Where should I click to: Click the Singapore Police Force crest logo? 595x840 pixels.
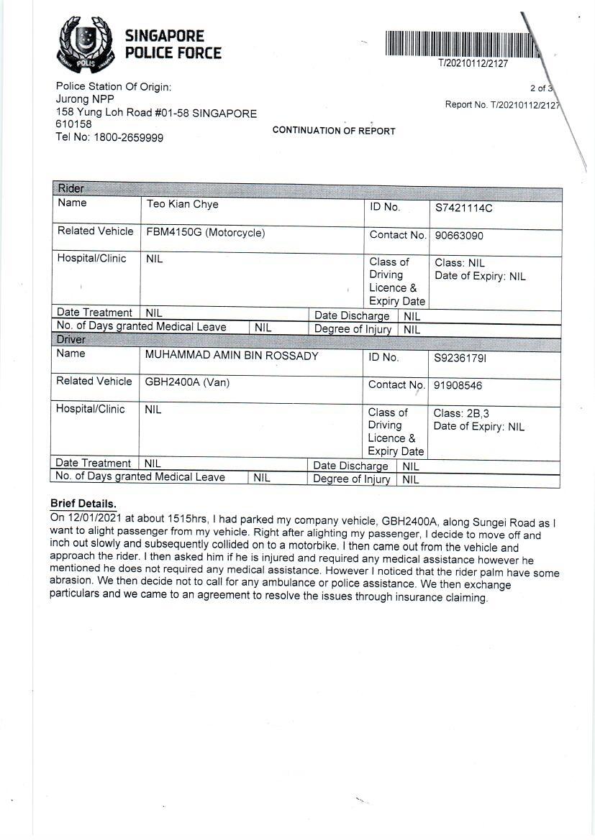pos(86,44)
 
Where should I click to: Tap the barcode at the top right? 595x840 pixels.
pos(461,45)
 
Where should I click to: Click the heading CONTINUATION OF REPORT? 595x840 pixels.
pos(334,131)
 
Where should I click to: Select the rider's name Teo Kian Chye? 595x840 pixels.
pos(182,205)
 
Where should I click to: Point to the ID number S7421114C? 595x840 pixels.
pos(463,208)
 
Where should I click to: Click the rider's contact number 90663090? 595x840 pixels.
pos(459,236)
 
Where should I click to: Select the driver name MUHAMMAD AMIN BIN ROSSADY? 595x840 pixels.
pos(231,356)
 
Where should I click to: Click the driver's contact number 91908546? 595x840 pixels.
pos(458,385)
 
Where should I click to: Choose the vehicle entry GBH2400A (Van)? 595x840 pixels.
pos(187,382)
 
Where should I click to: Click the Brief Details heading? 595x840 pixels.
pos(83,504)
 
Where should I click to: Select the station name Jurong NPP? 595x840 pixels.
pos(84,100)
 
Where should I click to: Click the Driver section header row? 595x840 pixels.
pos(306,339)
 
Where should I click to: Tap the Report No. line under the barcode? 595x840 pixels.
pos(501,105)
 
